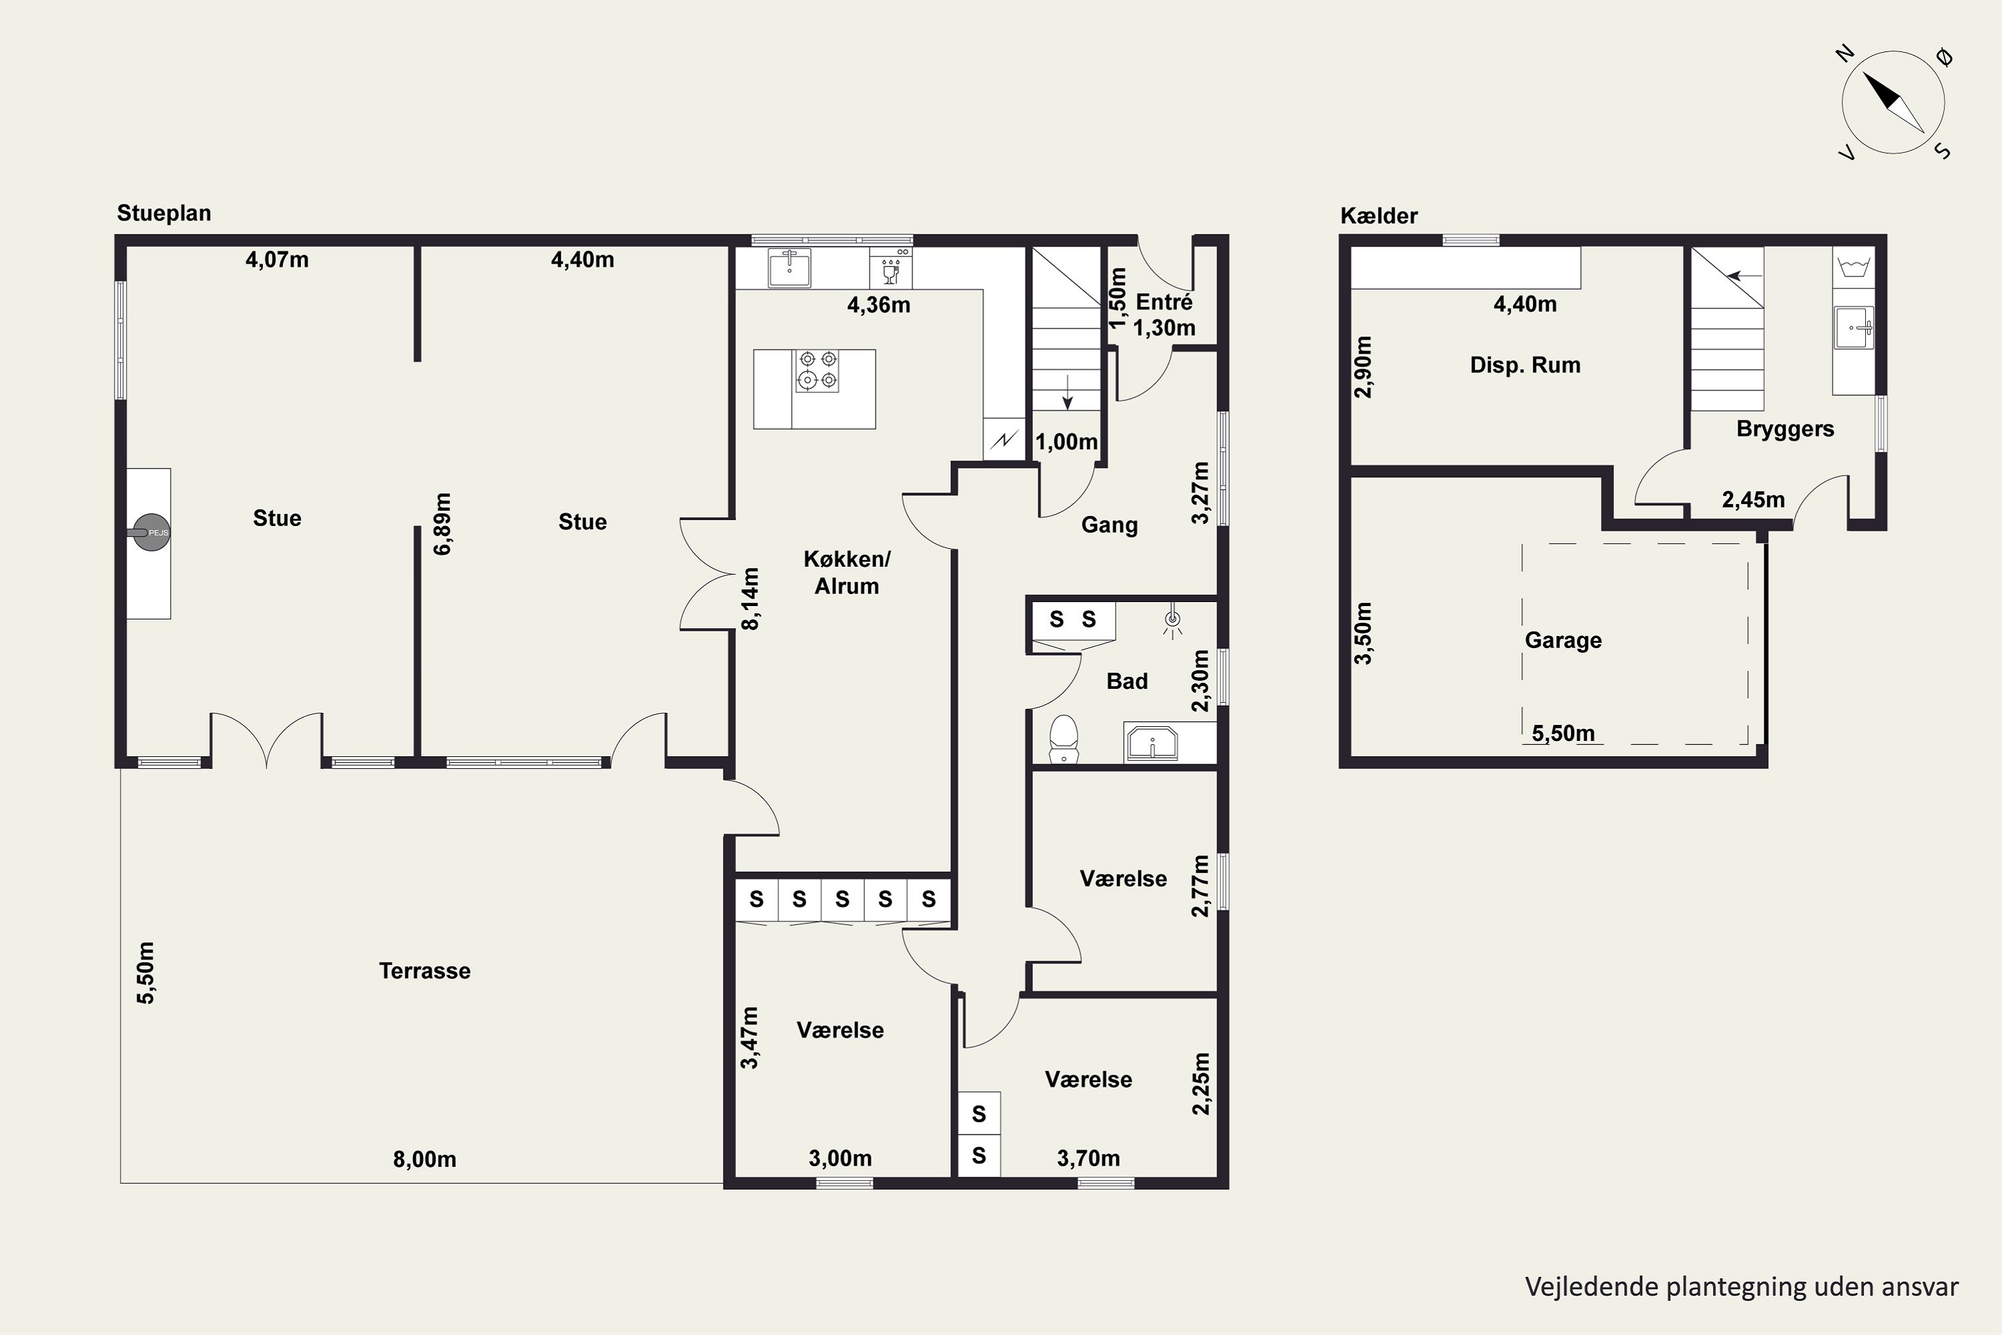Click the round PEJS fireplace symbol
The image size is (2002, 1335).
click(151, 532)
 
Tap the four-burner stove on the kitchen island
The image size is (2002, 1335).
click(817, 370)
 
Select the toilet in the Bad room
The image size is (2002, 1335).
click(1064, 738)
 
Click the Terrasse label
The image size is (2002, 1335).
click(424, 971)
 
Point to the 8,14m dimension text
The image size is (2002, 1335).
click(750, 599)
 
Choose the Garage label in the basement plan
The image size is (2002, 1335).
click(1563, 640)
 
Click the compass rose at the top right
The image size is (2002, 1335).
click(1894, 102)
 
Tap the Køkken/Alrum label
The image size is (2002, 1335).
click(847, 572)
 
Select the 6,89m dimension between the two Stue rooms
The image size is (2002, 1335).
click(442, 523)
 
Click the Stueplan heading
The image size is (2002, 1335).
click(164, 213)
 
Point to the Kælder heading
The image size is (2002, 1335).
click(1379, 216)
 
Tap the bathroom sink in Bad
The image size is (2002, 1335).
click(1152, 742)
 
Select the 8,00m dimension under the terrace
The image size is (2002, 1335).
click(424, 1159)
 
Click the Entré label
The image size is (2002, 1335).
click(1164, 302)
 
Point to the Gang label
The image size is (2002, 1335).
click(1109, 525)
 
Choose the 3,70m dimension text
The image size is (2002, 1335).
click(1088, 1158)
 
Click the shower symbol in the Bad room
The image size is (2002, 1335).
click(1173, 621)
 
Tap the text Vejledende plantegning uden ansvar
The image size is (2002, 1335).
click(1742, 1286)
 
